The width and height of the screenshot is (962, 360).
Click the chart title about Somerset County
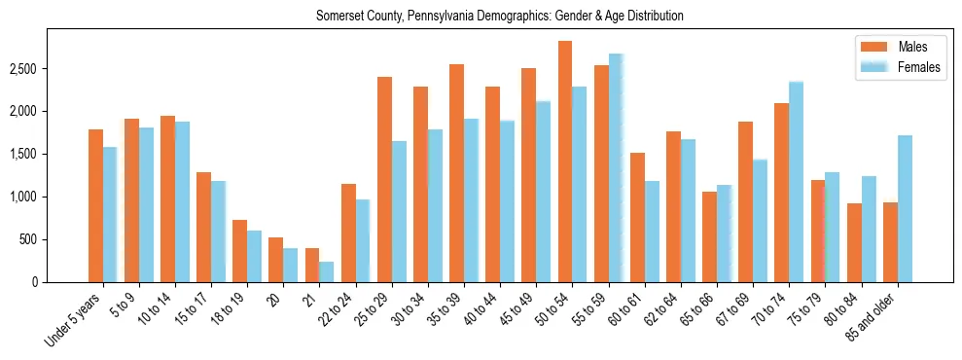[499, 16]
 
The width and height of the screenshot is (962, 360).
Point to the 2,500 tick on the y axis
[22, 69]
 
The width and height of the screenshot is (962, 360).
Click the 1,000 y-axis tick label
[22, 197]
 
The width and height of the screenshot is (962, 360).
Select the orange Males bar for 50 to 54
[564, 162]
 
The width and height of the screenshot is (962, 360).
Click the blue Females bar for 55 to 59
[615, 168]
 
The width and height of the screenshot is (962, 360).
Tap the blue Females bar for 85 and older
[905, 208]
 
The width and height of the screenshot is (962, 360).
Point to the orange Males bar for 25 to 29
[384, 179]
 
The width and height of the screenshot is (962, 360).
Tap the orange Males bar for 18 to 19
[239, 251]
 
